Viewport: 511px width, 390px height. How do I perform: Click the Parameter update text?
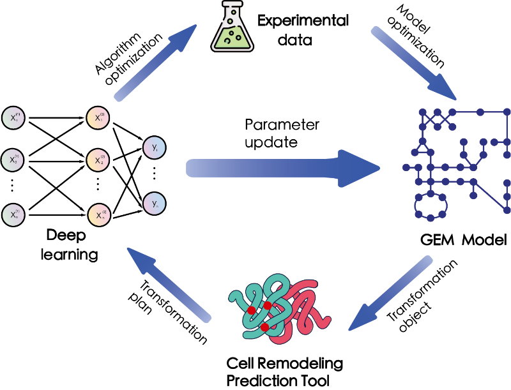282,133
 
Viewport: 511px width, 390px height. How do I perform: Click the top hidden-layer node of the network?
99,118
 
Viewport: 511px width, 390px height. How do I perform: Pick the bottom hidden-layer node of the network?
99,214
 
